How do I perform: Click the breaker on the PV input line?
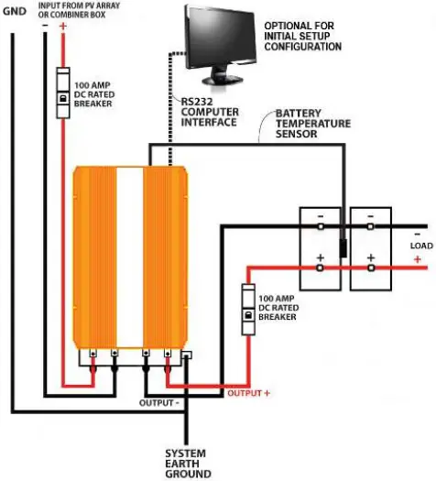pyautogui.click(x=62, y=95)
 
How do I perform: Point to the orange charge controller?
pyautogui.click(x=130, y=256)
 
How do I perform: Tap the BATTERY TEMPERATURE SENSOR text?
pyautogui.click(x=315, y=126)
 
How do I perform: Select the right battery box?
pyautogui.click(x=370, y=247)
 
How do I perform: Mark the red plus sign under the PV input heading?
pyautogui.click(x=62, y=27)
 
